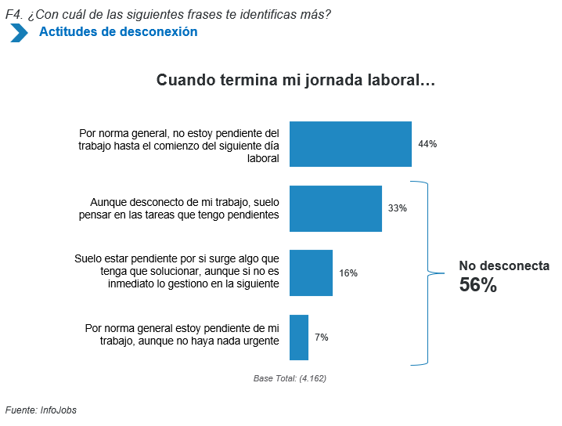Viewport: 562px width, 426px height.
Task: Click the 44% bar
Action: [351, 144]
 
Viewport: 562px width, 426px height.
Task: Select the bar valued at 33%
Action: [336, 208]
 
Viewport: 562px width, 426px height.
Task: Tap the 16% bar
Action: [311, 273]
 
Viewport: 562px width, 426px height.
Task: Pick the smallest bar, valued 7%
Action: [299, 337]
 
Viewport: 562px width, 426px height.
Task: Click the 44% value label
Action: [427, 144]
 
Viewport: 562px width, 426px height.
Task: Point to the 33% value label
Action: [398, 208]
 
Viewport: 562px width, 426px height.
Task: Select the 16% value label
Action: [348, 273]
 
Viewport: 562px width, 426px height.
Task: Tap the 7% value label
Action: [321, 338]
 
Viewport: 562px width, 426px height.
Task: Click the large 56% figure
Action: [477, 286]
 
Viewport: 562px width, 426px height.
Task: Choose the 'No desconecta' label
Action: [504, 265]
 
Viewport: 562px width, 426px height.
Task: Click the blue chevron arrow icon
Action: [19, 33]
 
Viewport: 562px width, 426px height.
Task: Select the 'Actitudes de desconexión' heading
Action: [118, 32]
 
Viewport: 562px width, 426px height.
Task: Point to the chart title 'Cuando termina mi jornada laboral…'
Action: [296, 81]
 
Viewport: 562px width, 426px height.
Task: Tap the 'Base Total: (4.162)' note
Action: [290, 378]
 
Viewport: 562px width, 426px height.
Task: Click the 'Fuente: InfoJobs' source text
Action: [41, 410]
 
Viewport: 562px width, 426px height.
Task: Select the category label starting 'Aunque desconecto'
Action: [185, 208]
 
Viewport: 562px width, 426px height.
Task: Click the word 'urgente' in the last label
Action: [261, 341]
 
